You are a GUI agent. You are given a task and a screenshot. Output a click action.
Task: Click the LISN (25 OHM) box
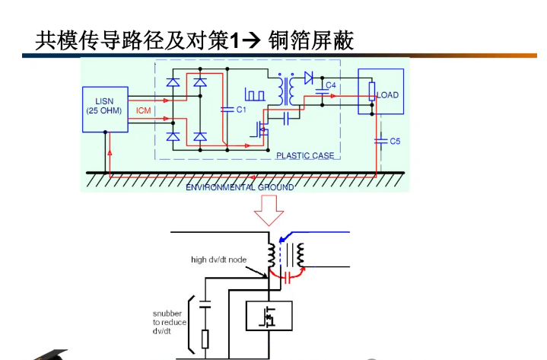[x=105, y=110]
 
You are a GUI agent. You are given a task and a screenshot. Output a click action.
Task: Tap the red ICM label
[x=143, y=110]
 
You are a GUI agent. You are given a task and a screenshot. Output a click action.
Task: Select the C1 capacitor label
[x=242, y=110]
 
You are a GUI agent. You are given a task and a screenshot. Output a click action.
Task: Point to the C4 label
[x=331, y=85]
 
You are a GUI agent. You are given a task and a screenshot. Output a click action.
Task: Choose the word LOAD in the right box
[x=387, y=95]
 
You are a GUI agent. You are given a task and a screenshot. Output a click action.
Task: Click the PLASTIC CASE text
[x=305, y=156]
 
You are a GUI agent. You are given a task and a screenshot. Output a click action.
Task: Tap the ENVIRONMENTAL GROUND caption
[x=240, y=187]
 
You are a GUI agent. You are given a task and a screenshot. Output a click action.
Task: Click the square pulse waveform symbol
[x=254, y=94]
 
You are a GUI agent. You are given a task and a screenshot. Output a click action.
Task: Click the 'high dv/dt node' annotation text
[x=218, y=260]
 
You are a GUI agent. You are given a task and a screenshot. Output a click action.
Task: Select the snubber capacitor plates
[x=205, y=305]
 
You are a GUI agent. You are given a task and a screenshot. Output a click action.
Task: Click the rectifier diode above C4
[x=309, y=77]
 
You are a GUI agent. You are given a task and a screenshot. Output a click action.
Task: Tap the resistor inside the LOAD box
[x=372, y=94]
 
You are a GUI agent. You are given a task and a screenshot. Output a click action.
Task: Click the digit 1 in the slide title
[x=234, y=40]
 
